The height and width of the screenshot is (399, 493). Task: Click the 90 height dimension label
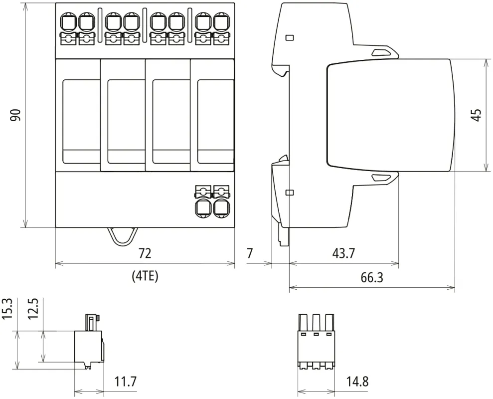click(x=16, y=115)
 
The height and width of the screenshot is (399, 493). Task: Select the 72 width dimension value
click(x=145, y=253)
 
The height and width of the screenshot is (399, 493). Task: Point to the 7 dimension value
click(x=250, y=253)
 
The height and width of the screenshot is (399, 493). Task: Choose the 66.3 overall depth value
click(x=371, y=277)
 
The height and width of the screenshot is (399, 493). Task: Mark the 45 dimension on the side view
click(x=477, y=115)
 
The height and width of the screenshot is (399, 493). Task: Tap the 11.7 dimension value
click(x=125, y=382)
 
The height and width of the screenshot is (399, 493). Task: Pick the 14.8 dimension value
click(x=357, y=382)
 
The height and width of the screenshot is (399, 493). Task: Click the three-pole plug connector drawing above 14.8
click(x=315, y=342)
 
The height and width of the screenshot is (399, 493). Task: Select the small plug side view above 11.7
click(x=90, y=342)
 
